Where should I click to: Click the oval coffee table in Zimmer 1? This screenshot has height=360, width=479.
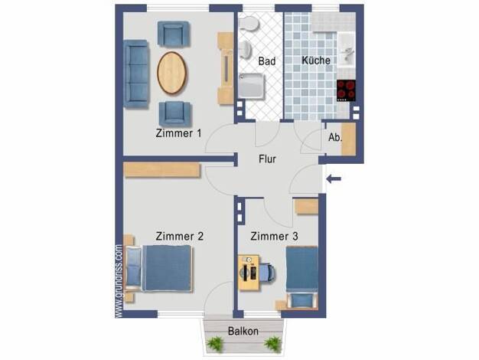tap(171, 73)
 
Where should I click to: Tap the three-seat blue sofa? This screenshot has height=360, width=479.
tap(136, 74)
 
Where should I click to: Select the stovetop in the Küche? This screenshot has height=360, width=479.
tap(347, 90)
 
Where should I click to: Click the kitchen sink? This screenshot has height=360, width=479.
tap(347, 50)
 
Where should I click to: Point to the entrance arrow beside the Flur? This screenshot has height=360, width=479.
tap(334, 179)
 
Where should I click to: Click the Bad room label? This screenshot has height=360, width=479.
tap(267, 61)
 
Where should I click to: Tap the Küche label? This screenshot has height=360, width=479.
tap(316, 61)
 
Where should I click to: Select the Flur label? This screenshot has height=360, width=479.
tap(267, 159)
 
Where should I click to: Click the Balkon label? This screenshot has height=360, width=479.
tap(243, 331)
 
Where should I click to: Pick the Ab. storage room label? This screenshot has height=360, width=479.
tap(335, 138)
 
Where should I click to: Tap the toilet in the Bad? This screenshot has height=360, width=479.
tap(249, 23)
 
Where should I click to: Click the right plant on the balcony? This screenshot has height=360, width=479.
tap(272, 343)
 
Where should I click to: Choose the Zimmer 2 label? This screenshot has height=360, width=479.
tap(179, 236)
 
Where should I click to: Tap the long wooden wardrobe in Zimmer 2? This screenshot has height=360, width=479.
tap(162, 170)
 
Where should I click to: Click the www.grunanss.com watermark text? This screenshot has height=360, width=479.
tap(119, 280)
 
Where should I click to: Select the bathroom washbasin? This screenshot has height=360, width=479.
tap(246, 50)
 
